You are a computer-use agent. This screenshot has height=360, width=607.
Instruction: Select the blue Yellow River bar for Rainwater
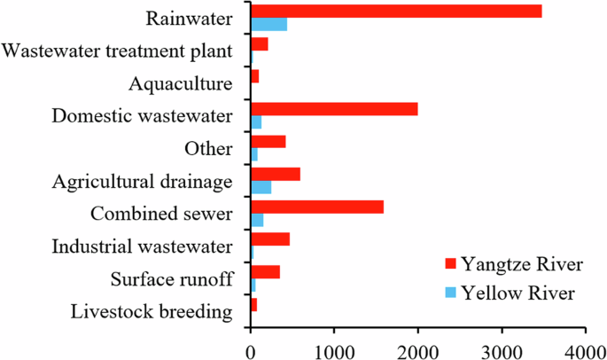(269, 24)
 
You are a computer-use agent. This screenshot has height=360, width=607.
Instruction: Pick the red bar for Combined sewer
(317, 207)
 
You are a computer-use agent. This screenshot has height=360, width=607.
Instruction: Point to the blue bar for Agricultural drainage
(261, 187)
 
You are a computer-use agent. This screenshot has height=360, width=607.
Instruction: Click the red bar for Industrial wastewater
(270, 239)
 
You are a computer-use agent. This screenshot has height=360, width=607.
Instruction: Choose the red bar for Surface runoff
(265, 271)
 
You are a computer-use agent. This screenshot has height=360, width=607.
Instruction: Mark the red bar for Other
(268, 141)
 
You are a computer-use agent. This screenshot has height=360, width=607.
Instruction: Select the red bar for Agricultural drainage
(276, 174)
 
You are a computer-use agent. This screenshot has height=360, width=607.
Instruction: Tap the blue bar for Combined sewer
(257, 220)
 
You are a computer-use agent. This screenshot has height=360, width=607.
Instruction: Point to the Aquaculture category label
(180, 84)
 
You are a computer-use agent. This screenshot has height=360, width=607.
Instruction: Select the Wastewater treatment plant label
(118, 51)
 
